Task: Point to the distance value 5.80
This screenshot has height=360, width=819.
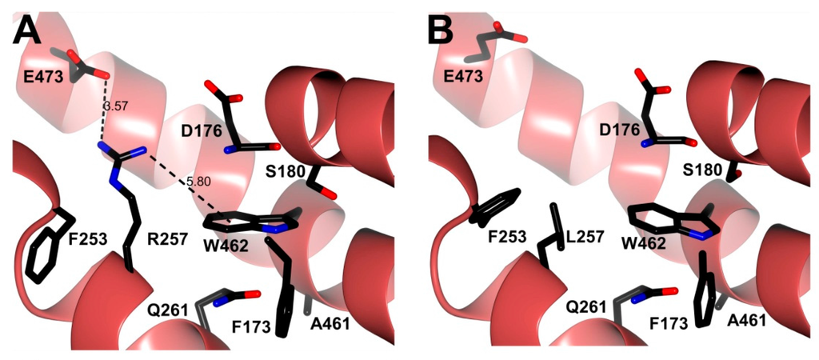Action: click(198, 182)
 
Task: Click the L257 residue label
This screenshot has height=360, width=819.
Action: click(581, 239)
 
